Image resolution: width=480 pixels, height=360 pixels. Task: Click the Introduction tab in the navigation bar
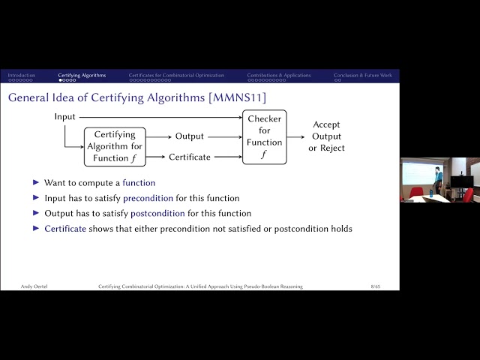tap(21, 75)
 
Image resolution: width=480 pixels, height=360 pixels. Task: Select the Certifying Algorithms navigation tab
tap(82, 75)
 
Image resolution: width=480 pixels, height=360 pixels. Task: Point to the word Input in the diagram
tap(64, 117)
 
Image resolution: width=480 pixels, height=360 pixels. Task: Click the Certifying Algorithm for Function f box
tap(115, 146)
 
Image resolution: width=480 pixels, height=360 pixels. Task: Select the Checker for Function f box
tap(265, 136)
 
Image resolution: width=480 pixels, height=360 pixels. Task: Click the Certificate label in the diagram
tap(189, 157)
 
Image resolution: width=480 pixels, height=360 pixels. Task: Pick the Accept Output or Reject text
tap(327, 136)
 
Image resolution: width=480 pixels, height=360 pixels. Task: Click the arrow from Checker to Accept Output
tap(296, 136)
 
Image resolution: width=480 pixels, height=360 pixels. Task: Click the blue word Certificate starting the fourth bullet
tap(64, 229)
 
